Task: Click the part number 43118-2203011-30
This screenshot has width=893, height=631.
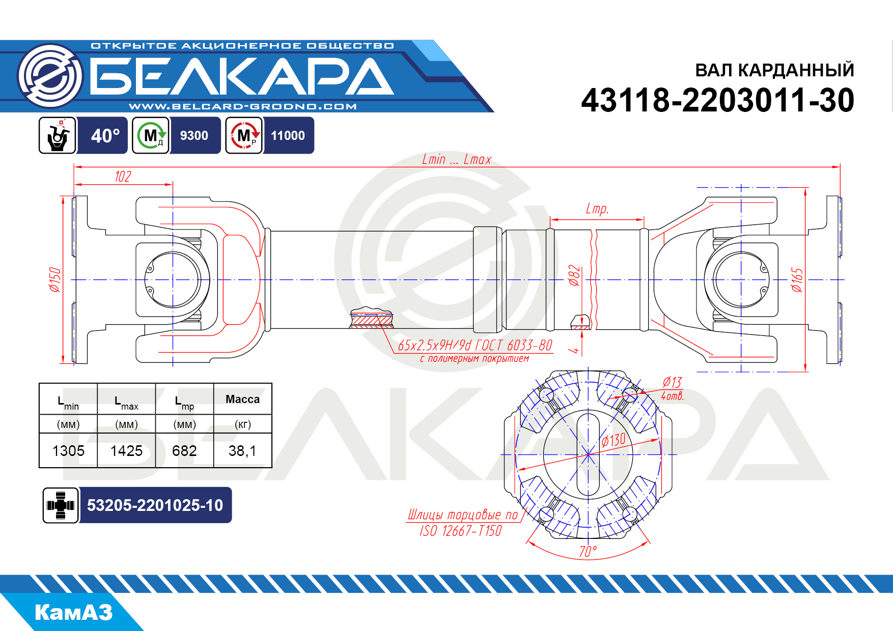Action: (x=717, y=100)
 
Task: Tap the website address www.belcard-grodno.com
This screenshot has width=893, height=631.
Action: (x=243, y=106)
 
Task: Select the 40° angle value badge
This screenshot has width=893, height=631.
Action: (x=105, y=136)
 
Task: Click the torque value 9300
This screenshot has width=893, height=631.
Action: (x=194, y=136)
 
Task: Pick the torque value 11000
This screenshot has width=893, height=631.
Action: (x=288, y=136)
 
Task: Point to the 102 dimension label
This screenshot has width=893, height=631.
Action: (x=123, y=177)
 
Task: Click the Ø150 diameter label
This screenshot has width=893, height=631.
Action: (x=54, y=280)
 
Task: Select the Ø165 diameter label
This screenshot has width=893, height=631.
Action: (x=797, y=280)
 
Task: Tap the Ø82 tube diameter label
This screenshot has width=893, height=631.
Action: (x=574, y=275)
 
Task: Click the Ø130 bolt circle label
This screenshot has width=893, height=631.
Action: (x=613, y=440)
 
